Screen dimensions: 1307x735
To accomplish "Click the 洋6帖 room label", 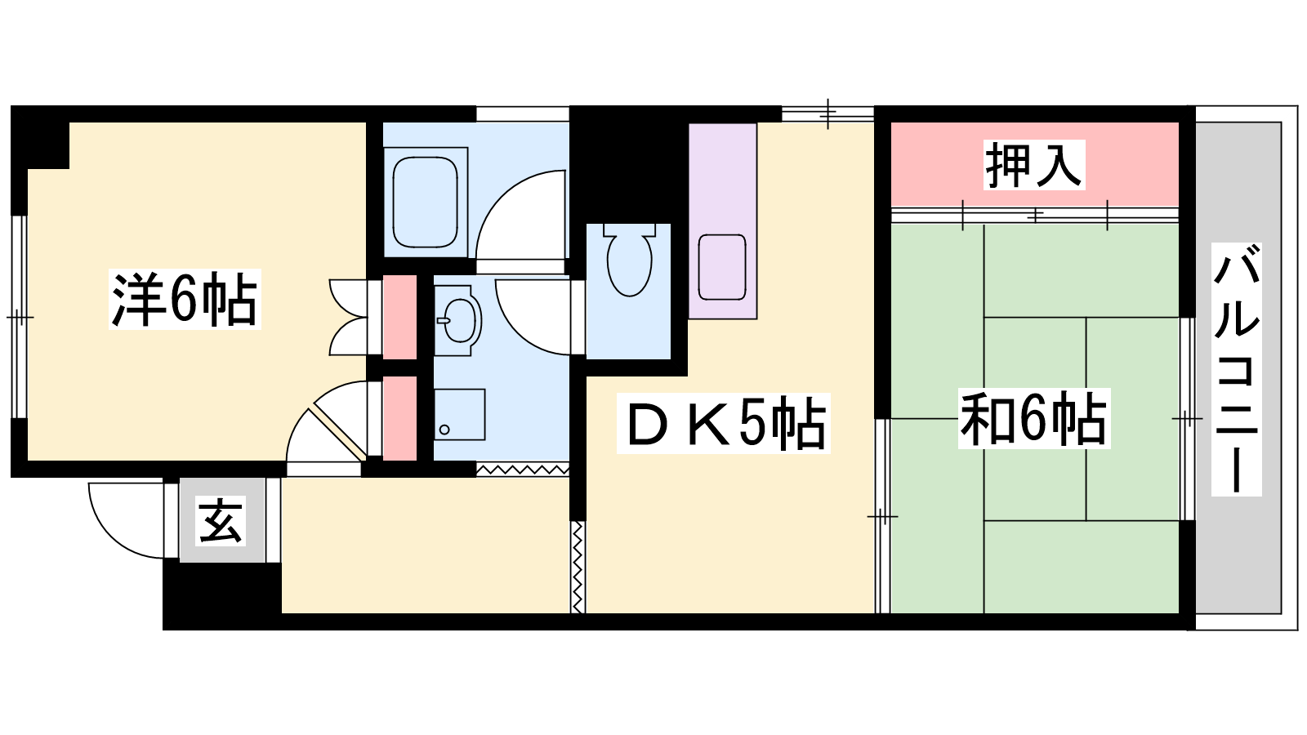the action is pos(185,299).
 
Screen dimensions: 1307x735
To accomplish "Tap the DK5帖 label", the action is pos(724,424).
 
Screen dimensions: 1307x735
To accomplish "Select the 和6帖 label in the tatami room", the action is pos(1033,418).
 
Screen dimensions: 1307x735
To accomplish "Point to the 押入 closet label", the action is pos(1034,164).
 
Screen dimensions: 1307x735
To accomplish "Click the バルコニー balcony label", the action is pos(1237,369).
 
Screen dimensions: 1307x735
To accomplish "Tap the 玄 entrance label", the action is pos(220,521).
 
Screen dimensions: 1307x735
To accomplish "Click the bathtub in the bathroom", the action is pos(426,202).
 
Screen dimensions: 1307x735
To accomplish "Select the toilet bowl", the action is pos(629,261).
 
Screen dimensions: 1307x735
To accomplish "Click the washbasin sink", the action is pos(458,319).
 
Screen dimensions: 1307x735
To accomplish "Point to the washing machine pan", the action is pos(460,414).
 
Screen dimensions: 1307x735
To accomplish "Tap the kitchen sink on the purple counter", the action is pos(722,267).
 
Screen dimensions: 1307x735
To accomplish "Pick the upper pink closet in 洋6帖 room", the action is pos(399,317).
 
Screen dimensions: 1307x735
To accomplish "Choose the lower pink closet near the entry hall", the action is pos(399,418).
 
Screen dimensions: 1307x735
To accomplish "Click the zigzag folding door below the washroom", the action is pos(523,470).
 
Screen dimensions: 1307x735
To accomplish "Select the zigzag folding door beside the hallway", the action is pos(578,567).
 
